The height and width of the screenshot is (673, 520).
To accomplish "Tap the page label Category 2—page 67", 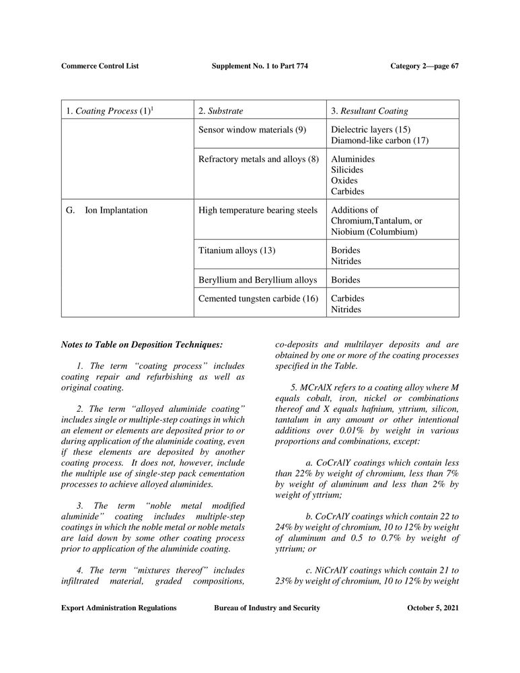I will tap(424, 66).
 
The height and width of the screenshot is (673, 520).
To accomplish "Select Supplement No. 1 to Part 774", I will tap(260, 66).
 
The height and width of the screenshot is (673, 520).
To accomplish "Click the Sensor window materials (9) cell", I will tap(252, 129).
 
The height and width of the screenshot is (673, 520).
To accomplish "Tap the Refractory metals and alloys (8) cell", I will tap(258, 160).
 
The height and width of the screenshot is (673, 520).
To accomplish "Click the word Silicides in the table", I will tap(348, 170).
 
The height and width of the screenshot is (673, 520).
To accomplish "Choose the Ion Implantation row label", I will tap(116, 211).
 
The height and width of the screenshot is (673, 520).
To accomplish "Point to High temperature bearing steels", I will tap(258, 211).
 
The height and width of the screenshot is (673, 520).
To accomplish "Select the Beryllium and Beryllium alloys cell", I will tap(257, 280).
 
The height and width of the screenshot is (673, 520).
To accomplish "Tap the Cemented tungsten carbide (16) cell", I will tap(258, 299).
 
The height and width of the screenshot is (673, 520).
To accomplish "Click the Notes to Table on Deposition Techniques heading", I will tap(141, 345).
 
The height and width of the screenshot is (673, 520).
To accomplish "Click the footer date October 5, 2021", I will tap(433, 608).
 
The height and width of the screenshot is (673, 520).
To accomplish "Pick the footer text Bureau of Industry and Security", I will tap(266, 608).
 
